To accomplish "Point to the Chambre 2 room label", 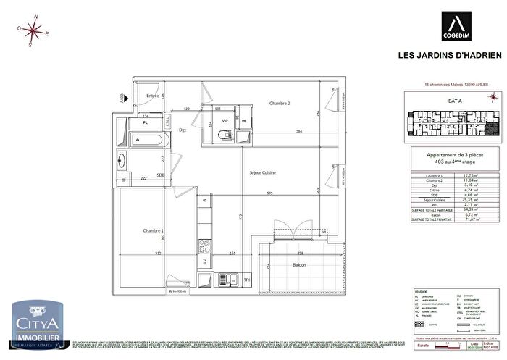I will pyautogui.click(x=280, y=104).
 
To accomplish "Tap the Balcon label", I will pyautogui.click(x=298, y=265).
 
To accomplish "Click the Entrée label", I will pyautogui.click(x=152, y=96).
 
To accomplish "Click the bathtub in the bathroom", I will pyautogui.click(x=149, y=138).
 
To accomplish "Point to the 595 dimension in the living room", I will pyautogui.click(x=269, y=193).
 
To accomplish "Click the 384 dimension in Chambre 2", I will pyautogui.click(x=278, y=130).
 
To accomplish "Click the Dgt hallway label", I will pyautogui.click(x=183, y=130).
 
